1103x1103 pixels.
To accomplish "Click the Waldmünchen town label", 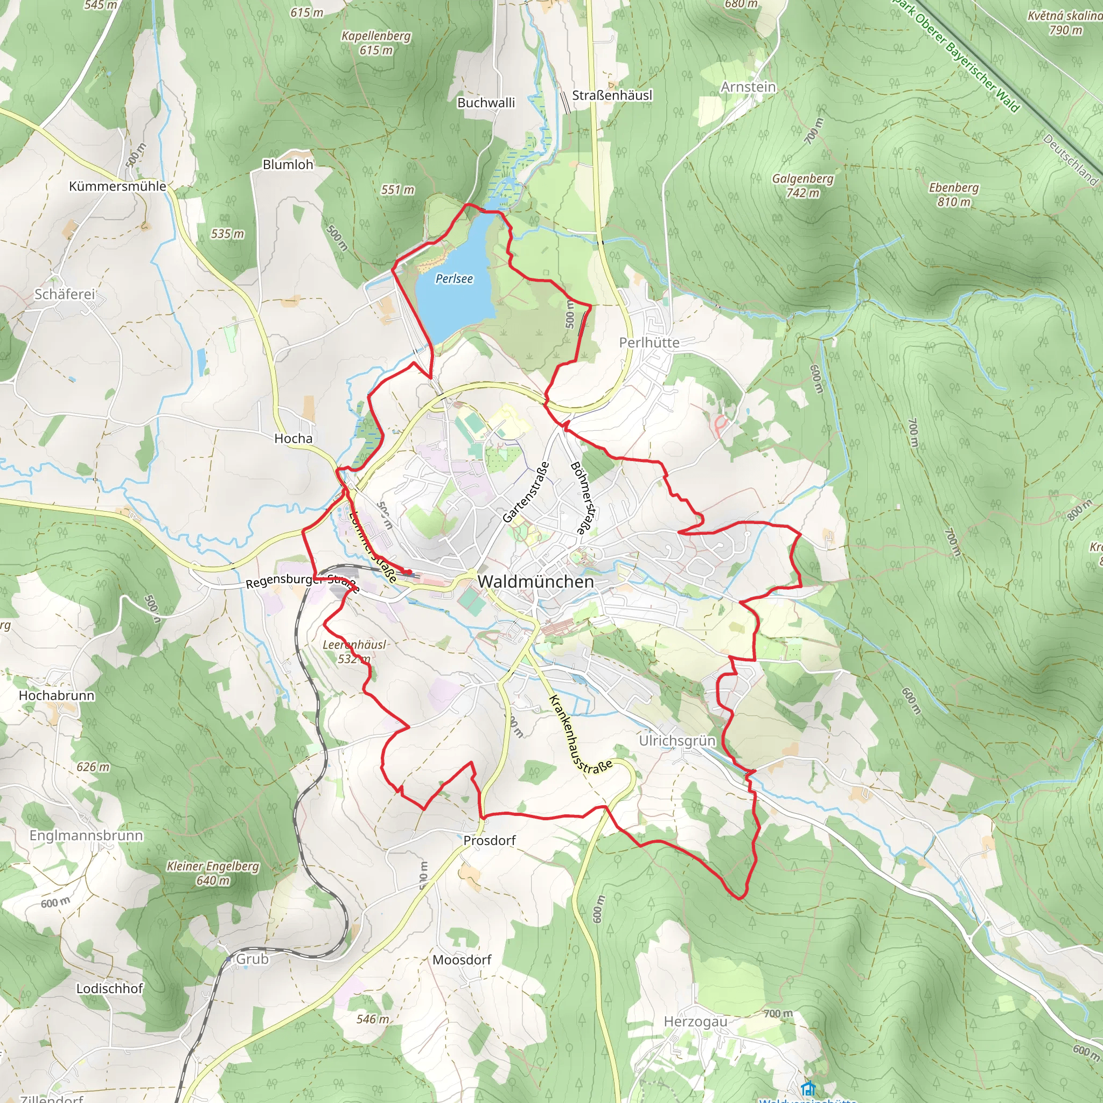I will coord(535,582).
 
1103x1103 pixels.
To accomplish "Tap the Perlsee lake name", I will coord(454,278).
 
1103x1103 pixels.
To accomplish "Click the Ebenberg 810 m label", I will coord(953,194).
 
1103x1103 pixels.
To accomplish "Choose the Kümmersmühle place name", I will coord(117,186).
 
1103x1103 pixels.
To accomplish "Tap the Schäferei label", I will coord(65,294).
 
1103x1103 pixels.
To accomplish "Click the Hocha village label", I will coord(294,438).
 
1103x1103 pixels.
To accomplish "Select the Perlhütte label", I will coord(649,343).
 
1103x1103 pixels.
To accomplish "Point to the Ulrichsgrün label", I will coord(677,741).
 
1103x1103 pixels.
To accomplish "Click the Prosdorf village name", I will coord(489,840).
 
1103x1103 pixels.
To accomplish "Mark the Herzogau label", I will coord(695,1021).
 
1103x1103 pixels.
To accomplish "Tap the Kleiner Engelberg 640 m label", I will coord(213,873).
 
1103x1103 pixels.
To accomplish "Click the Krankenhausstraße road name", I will coord(580,735).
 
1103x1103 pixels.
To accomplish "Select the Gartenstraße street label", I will coord(526,492).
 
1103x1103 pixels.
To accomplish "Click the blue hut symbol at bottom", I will coord(807,1087).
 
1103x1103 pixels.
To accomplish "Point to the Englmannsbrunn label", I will coord(86,835).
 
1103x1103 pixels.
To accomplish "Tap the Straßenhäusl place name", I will coord(612,95).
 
